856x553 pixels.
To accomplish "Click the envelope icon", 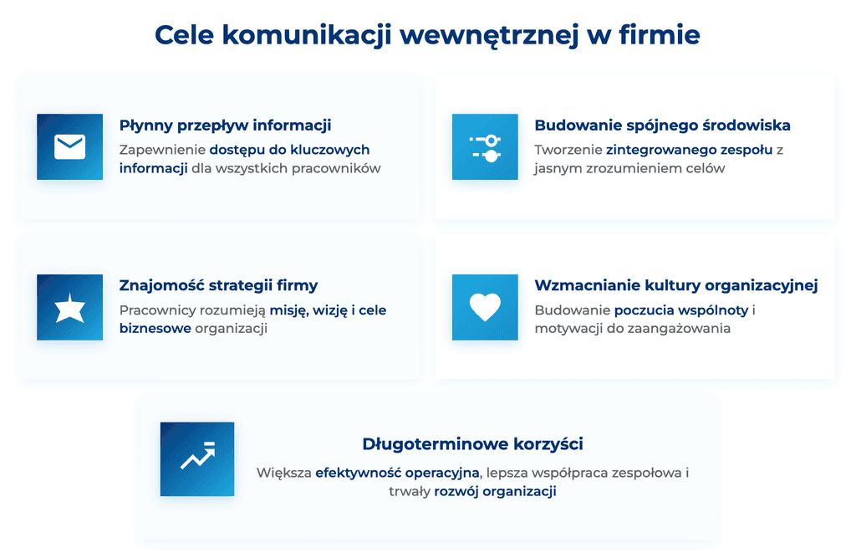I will coord(69,147).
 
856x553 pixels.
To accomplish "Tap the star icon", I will coord(69,308).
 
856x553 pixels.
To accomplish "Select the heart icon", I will coord(485,308).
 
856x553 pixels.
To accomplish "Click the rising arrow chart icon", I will coord(197,458).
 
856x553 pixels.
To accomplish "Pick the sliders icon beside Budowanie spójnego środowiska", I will coord(485,147).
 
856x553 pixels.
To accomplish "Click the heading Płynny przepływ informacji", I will coord(225,125).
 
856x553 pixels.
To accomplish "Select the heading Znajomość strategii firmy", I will coord(218,286).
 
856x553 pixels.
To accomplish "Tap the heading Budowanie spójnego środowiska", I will coord(662,125).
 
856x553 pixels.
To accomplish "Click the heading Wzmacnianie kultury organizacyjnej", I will coord(675,286).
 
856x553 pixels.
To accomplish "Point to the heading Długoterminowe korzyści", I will coord(472,443).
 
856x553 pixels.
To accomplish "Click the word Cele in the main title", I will coord(185,35).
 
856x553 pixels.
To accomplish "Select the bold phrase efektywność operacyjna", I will coord(396,473).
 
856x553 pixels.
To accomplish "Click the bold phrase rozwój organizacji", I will coord(495,491).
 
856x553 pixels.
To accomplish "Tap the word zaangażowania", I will coord(677,329).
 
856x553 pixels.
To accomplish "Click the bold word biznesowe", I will coord(155,329).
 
